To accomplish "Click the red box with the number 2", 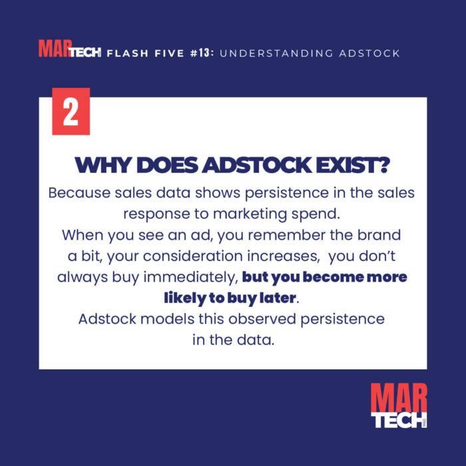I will (71, 112).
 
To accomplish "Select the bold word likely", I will (189, 297).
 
